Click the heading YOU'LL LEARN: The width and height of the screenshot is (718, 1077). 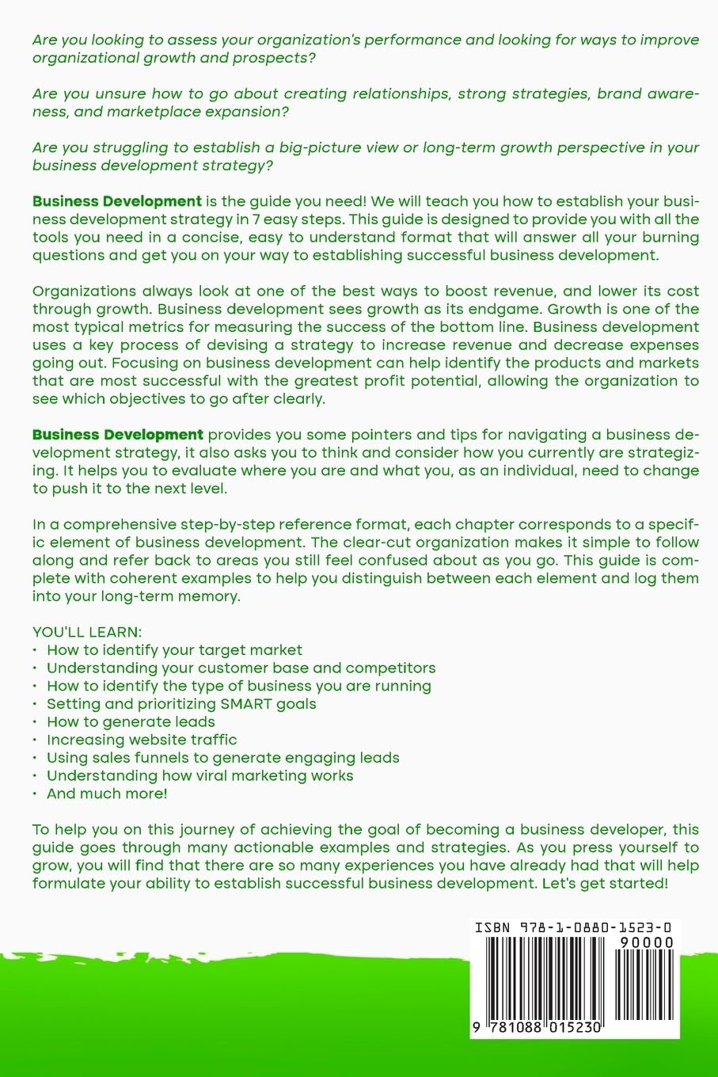click(87, 632)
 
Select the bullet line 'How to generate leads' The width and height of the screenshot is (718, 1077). click(131, 721)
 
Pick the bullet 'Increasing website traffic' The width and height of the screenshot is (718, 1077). click(142, 740)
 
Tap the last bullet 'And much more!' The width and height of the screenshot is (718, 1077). click(107, 793)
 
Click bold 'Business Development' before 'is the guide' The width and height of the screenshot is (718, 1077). click(117, 201)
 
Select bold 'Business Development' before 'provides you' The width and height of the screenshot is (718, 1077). click(118, 435)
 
